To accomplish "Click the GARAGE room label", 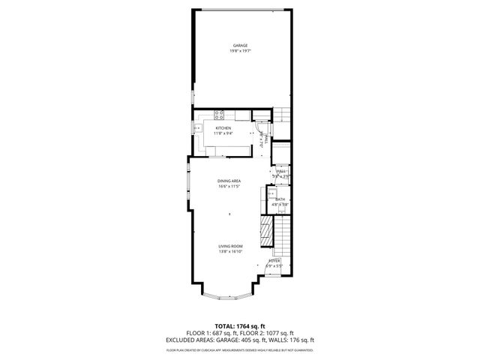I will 240,46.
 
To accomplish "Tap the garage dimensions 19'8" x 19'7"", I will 240,51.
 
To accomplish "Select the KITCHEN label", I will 223,128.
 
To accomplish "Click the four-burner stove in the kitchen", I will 220,115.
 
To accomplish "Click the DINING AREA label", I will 229,181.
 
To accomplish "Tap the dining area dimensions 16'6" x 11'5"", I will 229,186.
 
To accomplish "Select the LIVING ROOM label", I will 230,247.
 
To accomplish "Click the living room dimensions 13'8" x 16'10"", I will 230,252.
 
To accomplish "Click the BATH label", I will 279,199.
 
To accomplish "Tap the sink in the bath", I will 271,193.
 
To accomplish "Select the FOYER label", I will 274,260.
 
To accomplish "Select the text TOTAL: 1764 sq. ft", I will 240,326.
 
